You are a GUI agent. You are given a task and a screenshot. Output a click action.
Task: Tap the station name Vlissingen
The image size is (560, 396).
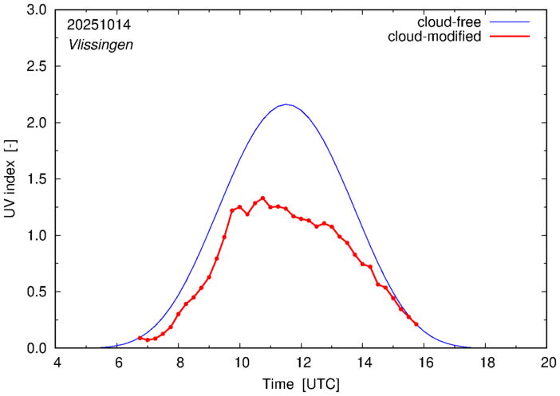point(100,45)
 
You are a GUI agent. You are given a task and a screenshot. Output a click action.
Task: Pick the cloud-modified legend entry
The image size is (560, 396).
point(435,37)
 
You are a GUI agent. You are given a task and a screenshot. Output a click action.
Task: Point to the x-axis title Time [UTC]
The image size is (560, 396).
point(302,383)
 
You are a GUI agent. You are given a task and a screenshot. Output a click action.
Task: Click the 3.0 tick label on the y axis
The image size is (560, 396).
point(37,10)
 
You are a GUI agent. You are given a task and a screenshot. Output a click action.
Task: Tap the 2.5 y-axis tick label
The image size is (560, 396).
point(37,67)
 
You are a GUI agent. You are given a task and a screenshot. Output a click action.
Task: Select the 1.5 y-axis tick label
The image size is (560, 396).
point(37,179)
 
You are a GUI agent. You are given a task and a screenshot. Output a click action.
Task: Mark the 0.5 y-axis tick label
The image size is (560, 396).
point(37,292)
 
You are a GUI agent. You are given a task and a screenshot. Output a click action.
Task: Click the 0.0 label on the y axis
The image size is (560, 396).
point(37,348)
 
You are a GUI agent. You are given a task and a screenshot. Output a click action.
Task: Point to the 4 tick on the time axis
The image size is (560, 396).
point(57,363)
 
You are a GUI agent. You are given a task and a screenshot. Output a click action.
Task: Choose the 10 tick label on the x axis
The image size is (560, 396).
point(240,363)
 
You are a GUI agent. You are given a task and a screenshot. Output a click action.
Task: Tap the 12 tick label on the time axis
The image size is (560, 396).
point(302,363)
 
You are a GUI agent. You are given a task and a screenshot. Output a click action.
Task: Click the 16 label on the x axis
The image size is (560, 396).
point(424,363)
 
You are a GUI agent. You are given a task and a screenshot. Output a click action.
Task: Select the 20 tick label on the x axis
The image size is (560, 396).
point(546,363)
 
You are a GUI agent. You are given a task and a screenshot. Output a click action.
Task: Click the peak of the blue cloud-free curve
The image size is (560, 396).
point(286,104)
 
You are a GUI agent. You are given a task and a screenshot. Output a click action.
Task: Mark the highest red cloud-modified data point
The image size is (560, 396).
point(262,198)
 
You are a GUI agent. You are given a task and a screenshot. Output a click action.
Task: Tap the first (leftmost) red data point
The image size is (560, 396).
point(140,338)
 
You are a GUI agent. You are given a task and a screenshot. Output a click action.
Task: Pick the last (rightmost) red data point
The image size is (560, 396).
point(416,324)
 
